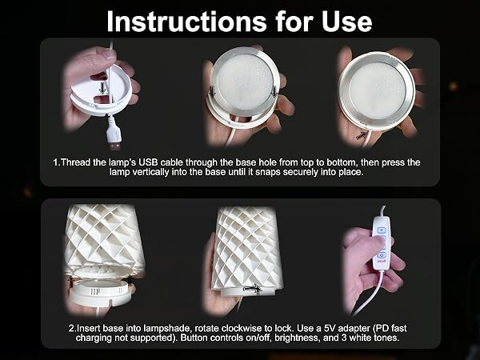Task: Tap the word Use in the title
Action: click(x=347, y=22)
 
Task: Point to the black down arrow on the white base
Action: click(x=103, y=89)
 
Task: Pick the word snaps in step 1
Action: click(x=266, y=172)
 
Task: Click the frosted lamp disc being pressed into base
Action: click(x=245, y=82)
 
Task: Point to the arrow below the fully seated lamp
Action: click(x=362, y=135)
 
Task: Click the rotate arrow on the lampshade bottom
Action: click(x=253, y=288)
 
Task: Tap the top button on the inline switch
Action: click(x=382, y=230)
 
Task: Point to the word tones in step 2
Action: click(x=386, y=338)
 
